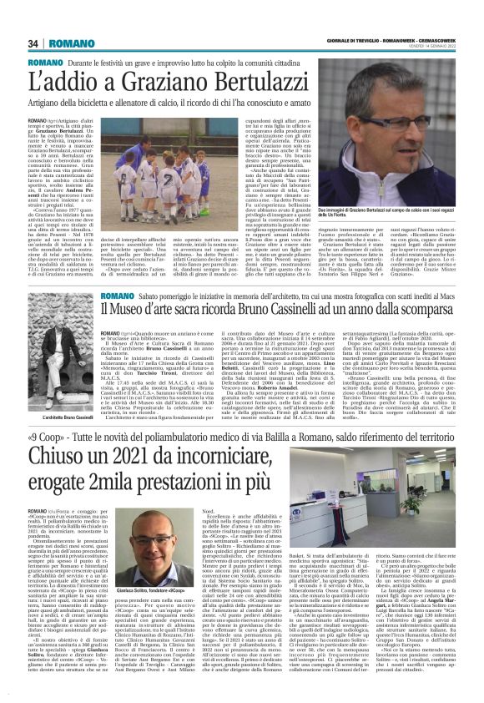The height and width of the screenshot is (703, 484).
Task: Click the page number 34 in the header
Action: pos(33,43)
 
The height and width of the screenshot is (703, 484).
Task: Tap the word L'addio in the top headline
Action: pos(70,85)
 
